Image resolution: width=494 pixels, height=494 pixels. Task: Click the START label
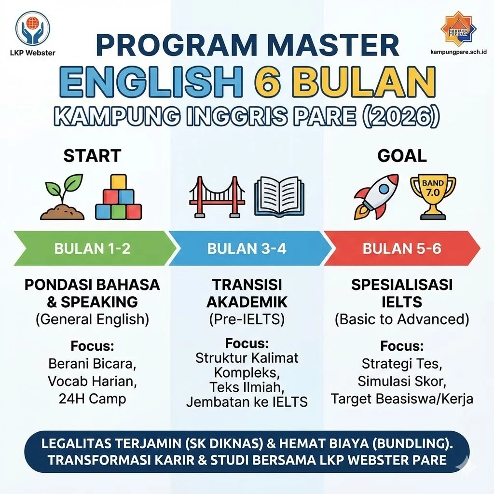coord(92,156)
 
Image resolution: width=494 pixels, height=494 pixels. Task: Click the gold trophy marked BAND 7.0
coord(433,195)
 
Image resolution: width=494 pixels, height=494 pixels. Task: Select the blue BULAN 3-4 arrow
coord(247,248)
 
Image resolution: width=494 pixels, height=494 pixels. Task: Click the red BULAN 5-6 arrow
coord(402,248)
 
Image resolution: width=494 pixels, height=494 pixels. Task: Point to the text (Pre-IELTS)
coord(247,318)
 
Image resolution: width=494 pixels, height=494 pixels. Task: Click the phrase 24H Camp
coord(92,398)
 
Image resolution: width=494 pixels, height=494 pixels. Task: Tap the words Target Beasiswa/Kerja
coord(402,399)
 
